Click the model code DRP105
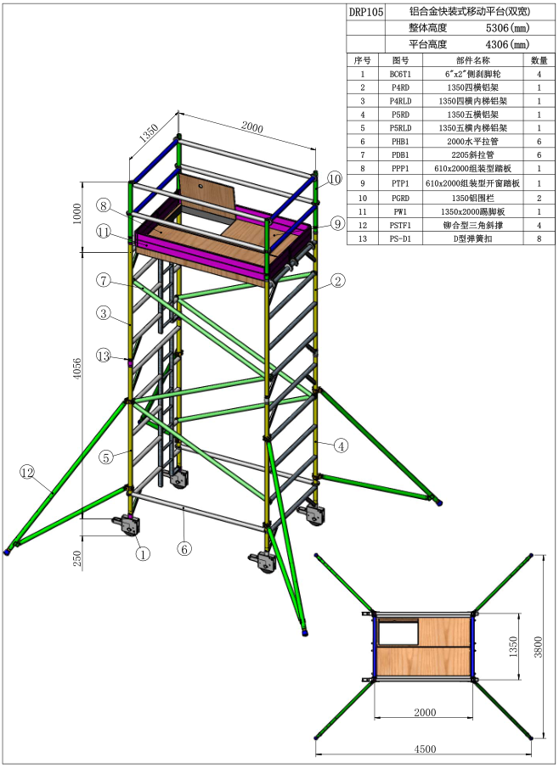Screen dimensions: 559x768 click(x=366, y=12)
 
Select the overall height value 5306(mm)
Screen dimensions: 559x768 click(x=507, y=28)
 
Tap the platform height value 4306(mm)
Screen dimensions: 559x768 click(x=507, y=45)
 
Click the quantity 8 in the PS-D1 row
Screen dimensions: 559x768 click(x=539, y=239)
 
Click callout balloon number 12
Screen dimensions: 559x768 click(x=27, y=472)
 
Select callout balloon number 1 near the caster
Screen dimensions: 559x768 click(x=142, y=554)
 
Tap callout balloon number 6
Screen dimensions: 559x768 click(x=184, y=549)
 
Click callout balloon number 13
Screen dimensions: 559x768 click(x=104, y=356)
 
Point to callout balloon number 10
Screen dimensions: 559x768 click(x=334, y=179)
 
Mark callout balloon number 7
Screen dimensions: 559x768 click(x=104, y=281)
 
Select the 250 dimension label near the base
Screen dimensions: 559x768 click(x=77, y=558)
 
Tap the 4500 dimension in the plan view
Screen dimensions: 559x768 click(x=425, y=748)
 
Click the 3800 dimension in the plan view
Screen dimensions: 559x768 click(x=538, y=647)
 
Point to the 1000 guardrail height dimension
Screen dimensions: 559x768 click(x=77, y=214)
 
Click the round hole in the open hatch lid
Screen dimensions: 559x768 click(x=201, y=187)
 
